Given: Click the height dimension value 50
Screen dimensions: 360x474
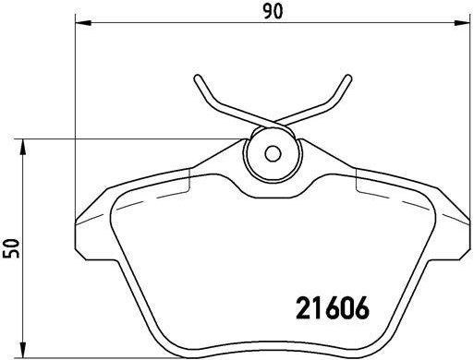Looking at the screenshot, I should coord(12,249).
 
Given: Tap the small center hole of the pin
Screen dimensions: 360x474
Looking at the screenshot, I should coord(273,154).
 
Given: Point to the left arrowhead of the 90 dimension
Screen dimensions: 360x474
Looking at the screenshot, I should coord(78,25).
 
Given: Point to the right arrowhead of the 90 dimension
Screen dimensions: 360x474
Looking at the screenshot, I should coord(468,25).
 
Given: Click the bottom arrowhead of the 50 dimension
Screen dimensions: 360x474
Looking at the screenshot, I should coord(24,356).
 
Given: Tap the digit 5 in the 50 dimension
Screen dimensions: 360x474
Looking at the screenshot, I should coord(12,256).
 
